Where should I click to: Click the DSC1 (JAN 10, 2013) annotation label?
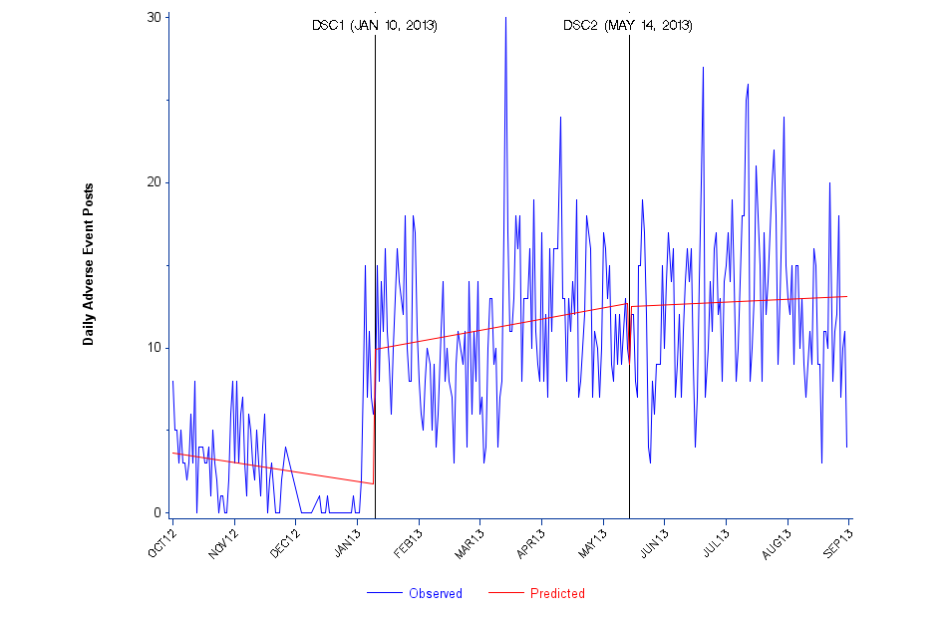click(x=374, y=25)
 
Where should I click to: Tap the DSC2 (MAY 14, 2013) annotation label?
click(x=628, y=25)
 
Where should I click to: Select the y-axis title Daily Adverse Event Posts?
click(x=89, y=264)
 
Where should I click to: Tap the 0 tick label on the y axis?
click(x=158, y=512)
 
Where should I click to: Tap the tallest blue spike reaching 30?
click(x=505, y=20)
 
